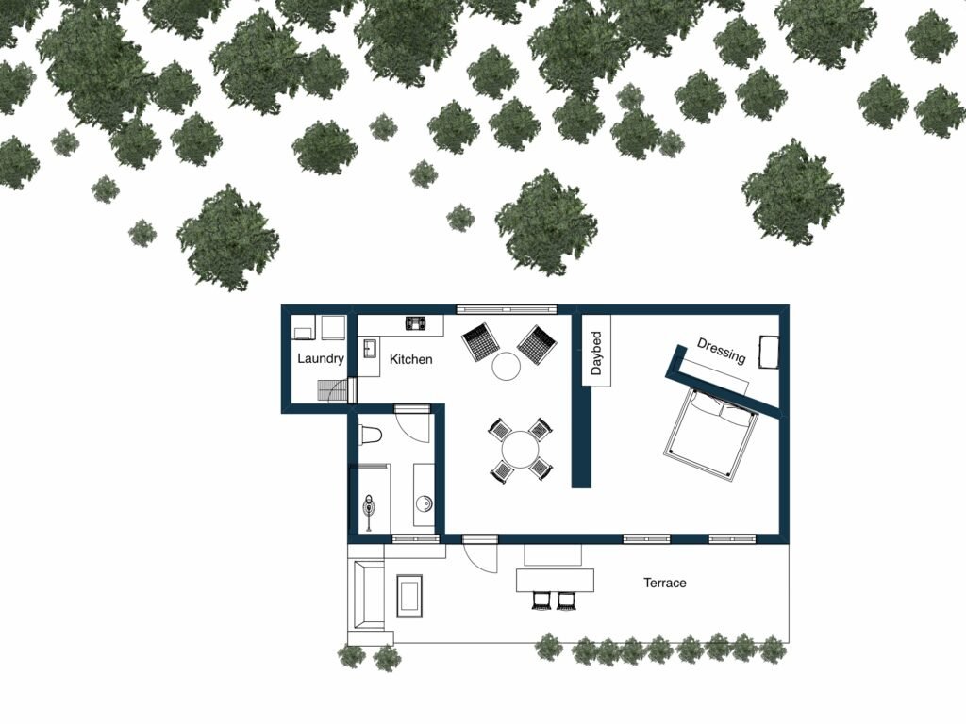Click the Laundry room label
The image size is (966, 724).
click(x=321, y=358)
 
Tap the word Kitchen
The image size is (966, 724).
click(x=411, y=359)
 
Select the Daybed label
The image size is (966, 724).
click(x=596, y=353)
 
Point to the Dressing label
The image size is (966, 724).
click(x=722, y=351)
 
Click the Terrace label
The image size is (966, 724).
click(x=665, y=583)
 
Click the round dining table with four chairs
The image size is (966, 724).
click(x=521, y=450)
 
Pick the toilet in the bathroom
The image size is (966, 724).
click(x=370, y=435)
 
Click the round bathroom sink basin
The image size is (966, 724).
click(x=424, y=504)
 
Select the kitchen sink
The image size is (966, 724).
click(x=369, y=349)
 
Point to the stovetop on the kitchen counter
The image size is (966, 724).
click(x=417, y=322)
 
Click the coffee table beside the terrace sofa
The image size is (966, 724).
click(x=409, y=596)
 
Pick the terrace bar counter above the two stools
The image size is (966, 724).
click(x=555, y=580)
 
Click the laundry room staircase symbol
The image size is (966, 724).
click(x=333, y=390)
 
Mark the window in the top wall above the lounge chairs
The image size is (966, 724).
click(x=507, y=309)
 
